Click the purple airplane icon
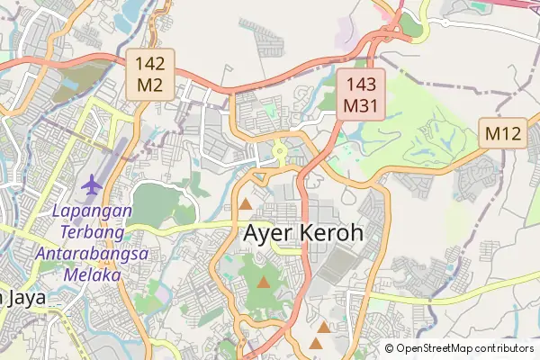(91, 185)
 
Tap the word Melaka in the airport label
(92, 275)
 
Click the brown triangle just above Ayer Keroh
(246, 204)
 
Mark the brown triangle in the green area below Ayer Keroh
(263, 283)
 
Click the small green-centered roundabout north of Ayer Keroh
(279, 152)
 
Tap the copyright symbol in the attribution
(390, 348)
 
